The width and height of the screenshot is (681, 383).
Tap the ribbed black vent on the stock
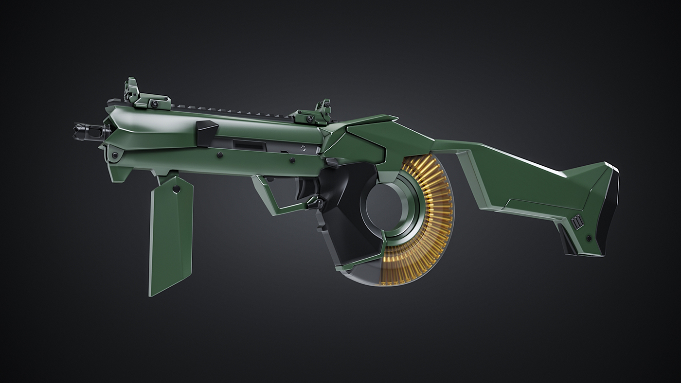pos(577,222)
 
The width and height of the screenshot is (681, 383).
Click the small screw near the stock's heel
pos(589,238)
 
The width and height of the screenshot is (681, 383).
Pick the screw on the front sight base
pos(154,104)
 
